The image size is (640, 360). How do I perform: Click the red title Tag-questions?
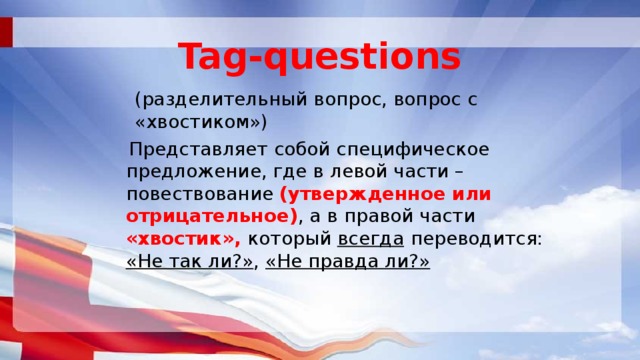[x=320, y=54]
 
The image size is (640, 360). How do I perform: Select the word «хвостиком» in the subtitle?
[x=200, y=123]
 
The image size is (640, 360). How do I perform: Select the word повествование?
[x=200, y=194]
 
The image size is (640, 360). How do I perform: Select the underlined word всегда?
[x=372, y=239]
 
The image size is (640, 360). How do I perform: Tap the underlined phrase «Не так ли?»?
[x=191, y=261]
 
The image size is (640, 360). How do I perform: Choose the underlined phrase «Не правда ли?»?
[x=348, y=261]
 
